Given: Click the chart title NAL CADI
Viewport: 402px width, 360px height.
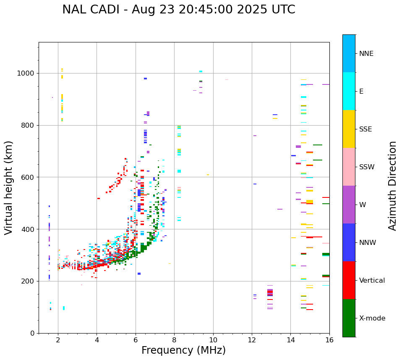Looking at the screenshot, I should click(x=91, y=10).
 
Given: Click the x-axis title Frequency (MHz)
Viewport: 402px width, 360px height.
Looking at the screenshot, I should click(x=183, y=350).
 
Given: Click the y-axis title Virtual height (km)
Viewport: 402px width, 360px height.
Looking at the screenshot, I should click(x=9, y=188).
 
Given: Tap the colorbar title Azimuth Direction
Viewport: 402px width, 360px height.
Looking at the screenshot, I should click(x=392, y=186).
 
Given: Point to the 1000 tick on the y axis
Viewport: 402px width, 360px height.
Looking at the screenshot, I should click(x=27, y=74).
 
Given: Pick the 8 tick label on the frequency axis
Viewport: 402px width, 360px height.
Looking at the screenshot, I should click(x=174, y=340).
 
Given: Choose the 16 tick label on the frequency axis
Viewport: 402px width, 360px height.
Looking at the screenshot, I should click(x=329, y=340).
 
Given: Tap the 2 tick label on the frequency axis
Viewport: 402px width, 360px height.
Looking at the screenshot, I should click(x=58, y=340).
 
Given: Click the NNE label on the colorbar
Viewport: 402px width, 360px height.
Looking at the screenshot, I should click(x=366, y=54).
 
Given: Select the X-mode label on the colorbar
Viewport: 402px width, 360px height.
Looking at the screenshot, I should click(x=372, y=318).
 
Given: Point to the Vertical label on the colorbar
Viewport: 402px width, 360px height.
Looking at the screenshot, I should click(x=372, y=281).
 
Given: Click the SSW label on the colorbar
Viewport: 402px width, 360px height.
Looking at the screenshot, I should click(x=367, y=167).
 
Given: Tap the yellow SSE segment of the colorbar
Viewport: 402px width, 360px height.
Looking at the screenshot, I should click(x=349, y=129).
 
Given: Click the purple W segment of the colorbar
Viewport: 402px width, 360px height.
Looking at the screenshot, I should click(x=349, y=205).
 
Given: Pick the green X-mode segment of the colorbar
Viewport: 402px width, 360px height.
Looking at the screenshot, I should click(x=349, y=318).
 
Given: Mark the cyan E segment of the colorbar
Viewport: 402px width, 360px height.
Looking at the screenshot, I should click(x=349, y=91).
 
